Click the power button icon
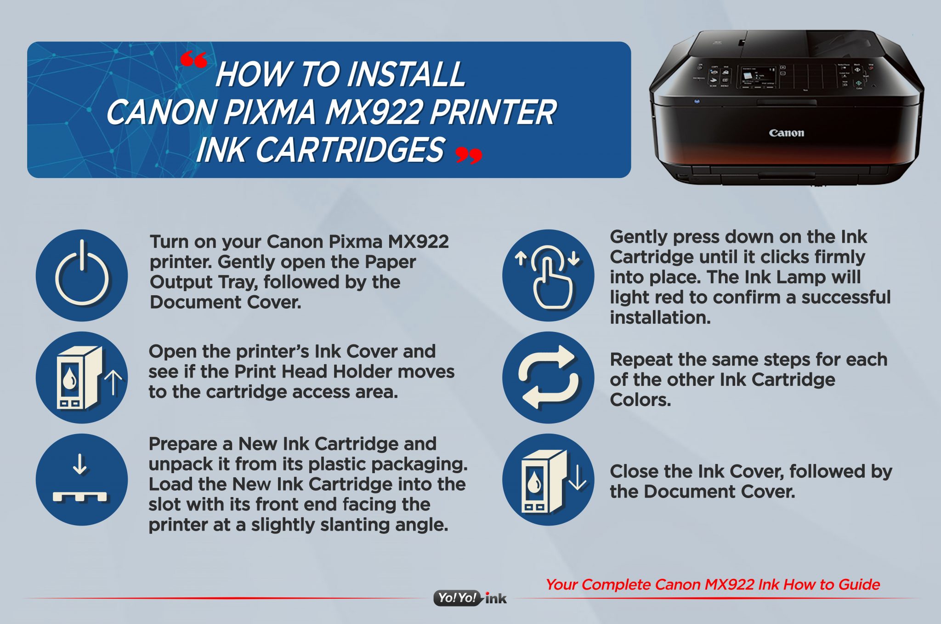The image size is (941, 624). pyautogui.click(x=82, y=275)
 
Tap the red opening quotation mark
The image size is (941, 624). pyautogui.click(x=193, y=60)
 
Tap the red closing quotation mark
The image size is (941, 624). pyautogui.click(x=469, y=156)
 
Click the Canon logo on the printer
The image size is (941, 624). pyautogui.click(x=786, y=133)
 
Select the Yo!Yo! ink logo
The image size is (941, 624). pyautogui.click(x=470, y=598)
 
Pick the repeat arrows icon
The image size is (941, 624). pyautogui.click(x=548, y=377)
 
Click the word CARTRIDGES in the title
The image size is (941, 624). pyautogui.click(x=350, y=150)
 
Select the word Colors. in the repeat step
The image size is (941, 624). pyautogui.click(x=640, y=400)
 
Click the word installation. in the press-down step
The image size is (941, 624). pyautogui.click(x=660, y=317)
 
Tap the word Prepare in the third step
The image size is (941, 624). pyautogui.click(x=183, y=444)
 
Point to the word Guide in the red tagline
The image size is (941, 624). pyautogui.click(x=859, y=584)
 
